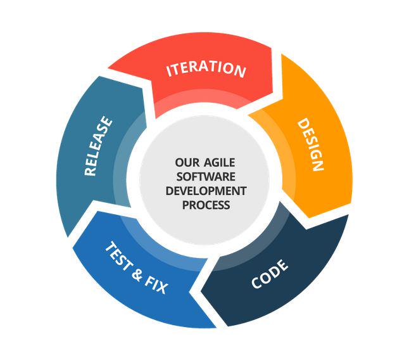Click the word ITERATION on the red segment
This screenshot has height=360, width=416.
tap(206, 68)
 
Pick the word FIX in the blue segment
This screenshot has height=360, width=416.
tap(157, 285)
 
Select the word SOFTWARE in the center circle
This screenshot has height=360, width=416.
tap(206, 176)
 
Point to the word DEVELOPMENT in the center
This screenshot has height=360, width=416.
tap(206, 190)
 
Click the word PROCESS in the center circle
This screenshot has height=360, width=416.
tap(206, 205)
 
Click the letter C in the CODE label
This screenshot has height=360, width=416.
tap(256, 283)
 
